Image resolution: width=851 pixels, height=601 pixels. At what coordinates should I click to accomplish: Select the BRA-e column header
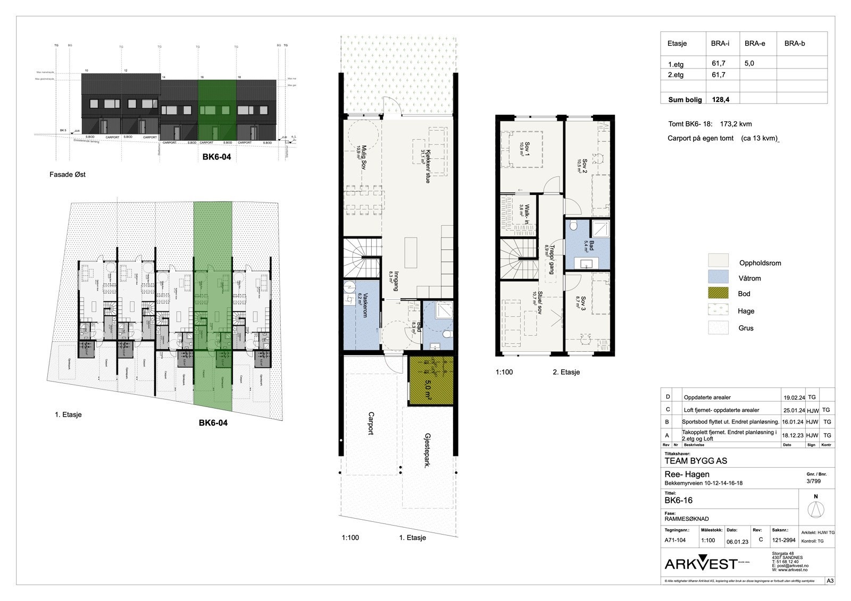click(754, 44)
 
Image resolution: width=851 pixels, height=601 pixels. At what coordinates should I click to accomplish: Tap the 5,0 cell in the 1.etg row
click(749, 63)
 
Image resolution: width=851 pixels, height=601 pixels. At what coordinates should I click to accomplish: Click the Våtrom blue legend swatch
click(717, 277)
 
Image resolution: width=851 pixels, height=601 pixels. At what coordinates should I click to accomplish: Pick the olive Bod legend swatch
click(717, 293)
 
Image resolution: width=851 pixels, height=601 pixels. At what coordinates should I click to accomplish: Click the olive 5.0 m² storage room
click(431, 380)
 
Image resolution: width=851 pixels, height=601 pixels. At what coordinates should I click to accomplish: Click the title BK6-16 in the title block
click(678, 501)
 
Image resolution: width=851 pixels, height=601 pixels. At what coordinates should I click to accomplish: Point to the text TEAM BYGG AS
click(696, 461)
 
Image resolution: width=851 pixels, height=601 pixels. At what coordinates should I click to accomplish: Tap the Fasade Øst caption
click(68, 174)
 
